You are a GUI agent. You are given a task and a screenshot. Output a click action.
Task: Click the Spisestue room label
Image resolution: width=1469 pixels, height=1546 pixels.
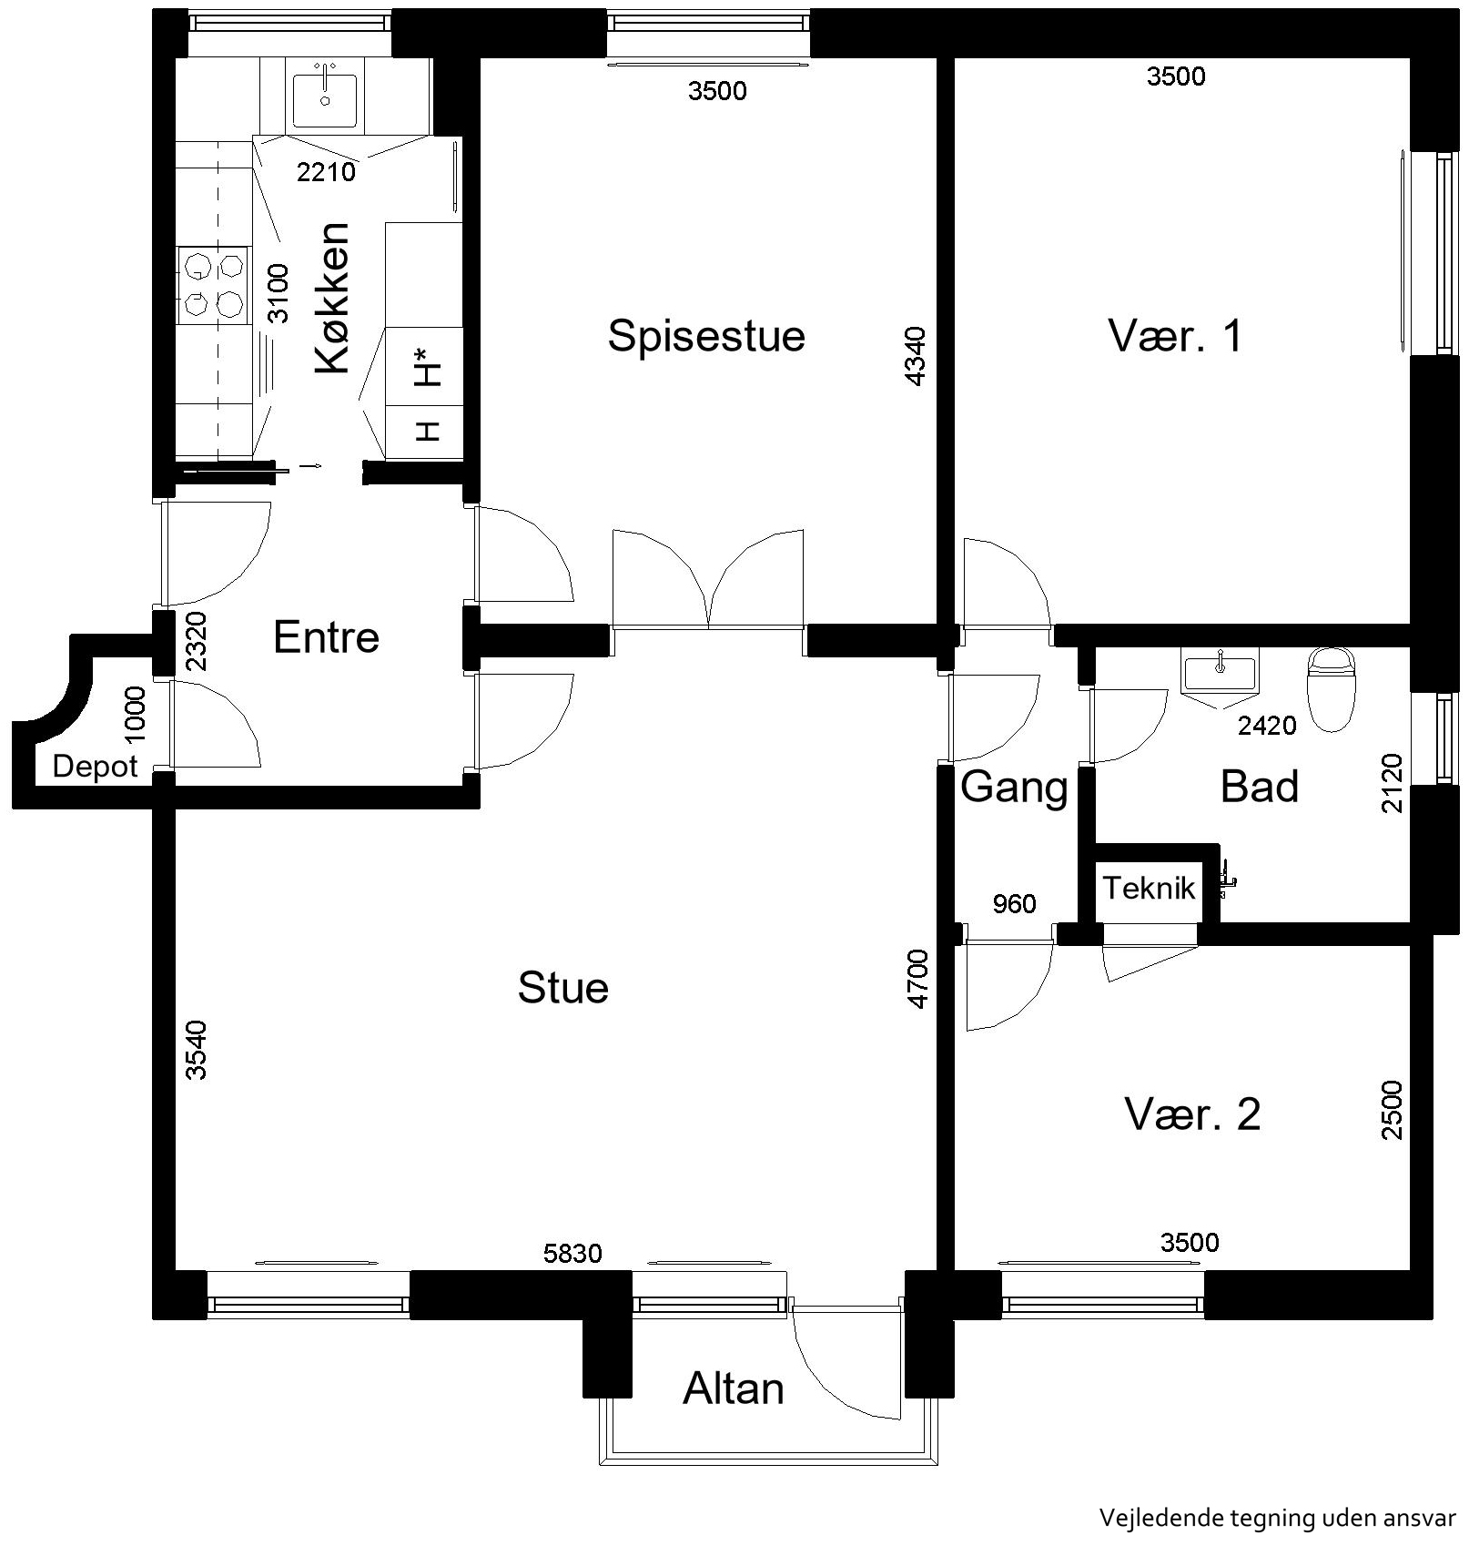706,336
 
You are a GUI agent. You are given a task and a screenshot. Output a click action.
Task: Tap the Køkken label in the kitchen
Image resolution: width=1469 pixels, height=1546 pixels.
333,298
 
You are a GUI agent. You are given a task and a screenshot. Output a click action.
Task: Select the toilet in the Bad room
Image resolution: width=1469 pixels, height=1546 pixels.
1331,689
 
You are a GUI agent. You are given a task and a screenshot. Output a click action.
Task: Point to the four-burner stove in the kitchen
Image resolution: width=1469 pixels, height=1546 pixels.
213,284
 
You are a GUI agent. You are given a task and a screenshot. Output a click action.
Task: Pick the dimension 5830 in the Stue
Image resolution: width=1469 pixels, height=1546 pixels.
572,1254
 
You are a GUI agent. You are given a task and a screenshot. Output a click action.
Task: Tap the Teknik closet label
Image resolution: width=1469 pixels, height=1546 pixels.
1149,888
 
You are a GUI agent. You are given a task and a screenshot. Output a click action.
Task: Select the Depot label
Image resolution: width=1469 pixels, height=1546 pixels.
96,767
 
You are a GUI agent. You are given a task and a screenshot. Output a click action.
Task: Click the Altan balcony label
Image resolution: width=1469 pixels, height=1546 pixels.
734,1389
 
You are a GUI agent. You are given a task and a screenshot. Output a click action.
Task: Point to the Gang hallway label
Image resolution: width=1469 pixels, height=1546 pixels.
1014,787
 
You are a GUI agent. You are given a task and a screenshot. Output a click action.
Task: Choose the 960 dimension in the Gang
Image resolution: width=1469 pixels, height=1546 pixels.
1014,903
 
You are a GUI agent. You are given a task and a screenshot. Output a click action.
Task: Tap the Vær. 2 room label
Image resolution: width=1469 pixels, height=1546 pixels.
1192,1114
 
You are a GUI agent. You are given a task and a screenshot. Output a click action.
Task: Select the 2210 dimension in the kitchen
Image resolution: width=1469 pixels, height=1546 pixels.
327,171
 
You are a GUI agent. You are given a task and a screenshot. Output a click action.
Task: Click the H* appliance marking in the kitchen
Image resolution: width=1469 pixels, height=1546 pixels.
428,367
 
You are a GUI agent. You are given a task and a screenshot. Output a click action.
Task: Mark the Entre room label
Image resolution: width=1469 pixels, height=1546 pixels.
326,636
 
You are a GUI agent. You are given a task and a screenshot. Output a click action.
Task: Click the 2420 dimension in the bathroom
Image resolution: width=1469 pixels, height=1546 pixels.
1267,725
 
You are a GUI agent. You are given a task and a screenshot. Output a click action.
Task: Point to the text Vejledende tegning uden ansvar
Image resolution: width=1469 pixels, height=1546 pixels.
1278,1517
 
